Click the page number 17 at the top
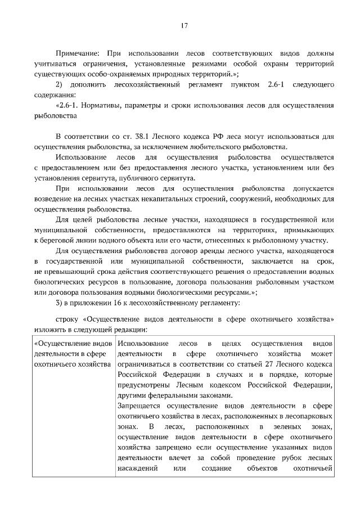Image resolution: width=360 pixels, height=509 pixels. (x=183, y=25)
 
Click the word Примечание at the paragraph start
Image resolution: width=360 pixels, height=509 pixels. (x=77, y=53)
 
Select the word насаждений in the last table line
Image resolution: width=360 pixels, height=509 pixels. (x=139, y=469)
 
